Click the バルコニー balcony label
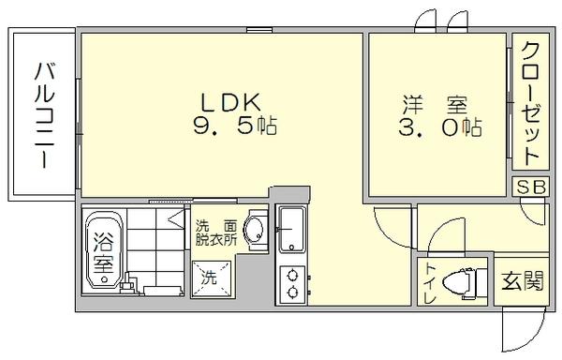tap(43, 115)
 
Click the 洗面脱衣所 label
tap(214, 232)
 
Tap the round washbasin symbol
tap(253, 230)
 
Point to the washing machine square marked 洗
tap(210, 277)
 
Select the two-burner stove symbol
tap(290, 283)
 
